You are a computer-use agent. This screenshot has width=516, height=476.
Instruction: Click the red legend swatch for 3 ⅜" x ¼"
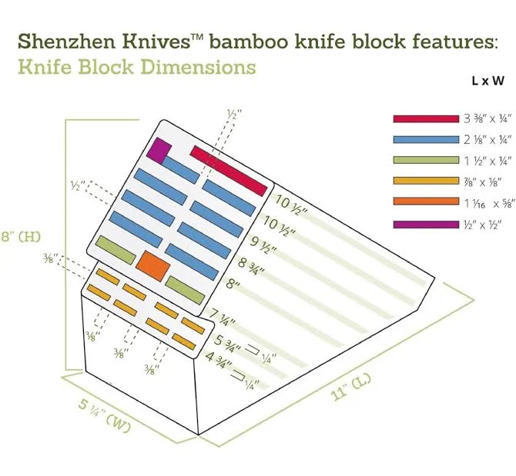pyautogui.click(x=426, y=119)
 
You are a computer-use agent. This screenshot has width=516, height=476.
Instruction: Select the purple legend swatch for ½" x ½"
pyautogui.click(x=426, y=224)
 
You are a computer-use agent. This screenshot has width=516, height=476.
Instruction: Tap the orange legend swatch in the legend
pyautogui.click(x=426, y=203)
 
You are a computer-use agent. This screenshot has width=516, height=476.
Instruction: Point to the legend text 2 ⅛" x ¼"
pyautogui.click(x=488, y=140)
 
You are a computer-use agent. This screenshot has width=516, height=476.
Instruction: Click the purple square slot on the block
pyautogui.click(x=159, y=149)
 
